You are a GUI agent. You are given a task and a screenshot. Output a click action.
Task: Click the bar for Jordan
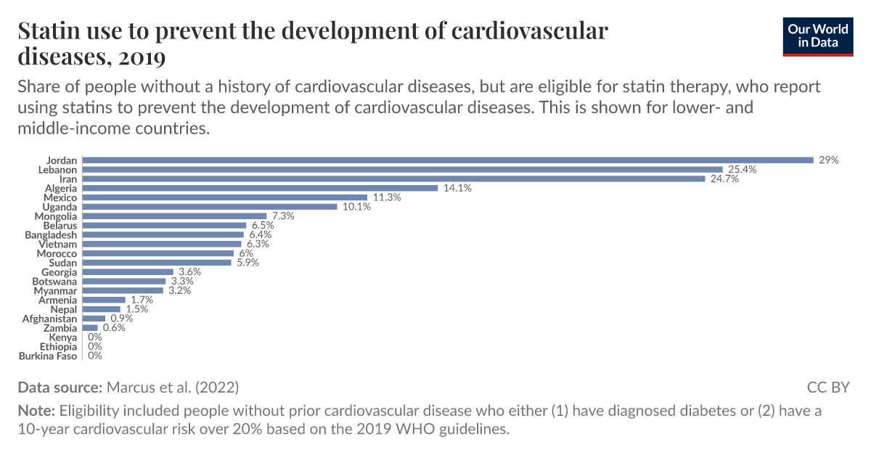tap(447, 160)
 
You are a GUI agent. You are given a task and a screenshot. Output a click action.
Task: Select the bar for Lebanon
tap(402, 169)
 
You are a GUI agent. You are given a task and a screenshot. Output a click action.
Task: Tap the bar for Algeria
tap(260, 188)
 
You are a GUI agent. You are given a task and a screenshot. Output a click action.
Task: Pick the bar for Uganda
tap(210, 207)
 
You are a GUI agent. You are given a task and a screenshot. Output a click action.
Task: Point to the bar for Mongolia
tap(174, 216)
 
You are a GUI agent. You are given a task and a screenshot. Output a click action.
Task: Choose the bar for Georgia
tap(128, 272)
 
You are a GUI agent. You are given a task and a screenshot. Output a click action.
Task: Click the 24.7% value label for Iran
tap(724, 179)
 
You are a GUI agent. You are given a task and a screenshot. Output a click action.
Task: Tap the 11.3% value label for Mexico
tap(387, 197)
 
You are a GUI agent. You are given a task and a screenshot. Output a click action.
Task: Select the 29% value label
tap(828, 160)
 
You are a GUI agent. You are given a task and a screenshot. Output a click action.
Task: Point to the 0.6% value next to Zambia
tap(114, 328)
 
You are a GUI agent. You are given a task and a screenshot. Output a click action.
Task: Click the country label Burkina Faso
tap(48, 356)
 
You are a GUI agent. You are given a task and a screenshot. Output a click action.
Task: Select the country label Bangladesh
tap(51, 235)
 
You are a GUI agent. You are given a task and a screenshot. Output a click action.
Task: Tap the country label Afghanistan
tap(49, 319)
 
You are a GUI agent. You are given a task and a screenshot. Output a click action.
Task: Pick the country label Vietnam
tap(58, 245)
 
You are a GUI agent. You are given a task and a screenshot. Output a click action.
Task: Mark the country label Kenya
tap(62, 337)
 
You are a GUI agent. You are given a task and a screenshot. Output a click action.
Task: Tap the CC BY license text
tap(827, 387)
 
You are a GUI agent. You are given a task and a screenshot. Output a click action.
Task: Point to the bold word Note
tap(36, 411)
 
